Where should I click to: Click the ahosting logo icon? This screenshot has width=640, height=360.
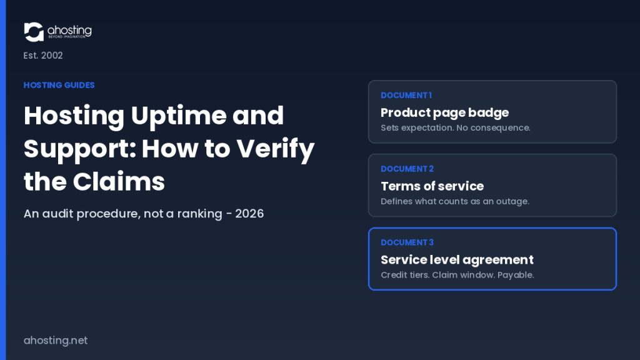click(x=34, y=32)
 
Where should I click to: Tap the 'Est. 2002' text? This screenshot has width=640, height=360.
click(x=43, y=56)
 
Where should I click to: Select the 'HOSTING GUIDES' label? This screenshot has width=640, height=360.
click(x=59, y=85)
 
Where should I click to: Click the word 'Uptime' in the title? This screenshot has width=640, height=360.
click(x=178, y=116)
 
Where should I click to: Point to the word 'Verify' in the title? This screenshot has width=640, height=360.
click(x=276, y=149)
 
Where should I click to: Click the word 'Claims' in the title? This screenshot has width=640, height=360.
click(x=119, y=182)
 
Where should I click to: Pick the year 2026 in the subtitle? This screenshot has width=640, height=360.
click(x=249, y=214)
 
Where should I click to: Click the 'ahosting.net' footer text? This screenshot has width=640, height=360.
click(x=56, y=341)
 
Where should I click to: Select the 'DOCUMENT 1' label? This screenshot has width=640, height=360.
click(x=406, y=96)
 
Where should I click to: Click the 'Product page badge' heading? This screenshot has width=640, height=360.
click(x=444, y=112)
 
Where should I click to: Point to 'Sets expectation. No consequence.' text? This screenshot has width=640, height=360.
click(x=456, y=127)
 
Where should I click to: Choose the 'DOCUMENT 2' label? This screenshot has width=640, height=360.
click(x=407, y=169)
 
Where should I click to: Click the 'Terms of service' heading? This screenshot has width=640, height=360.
click(x=432, y=186)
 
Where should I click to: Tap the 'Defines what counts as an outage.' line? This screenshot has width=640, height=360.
click(x=455, y=201)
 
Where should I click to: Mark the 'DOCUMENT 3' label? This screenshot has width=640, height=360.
click(x=407, y=242)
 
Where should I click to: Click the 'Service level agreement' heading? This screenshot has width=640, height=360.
click(x=457, y=260)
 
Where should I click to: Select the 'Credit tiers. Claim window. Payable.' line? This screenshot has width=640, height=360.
click(x=457, y=275)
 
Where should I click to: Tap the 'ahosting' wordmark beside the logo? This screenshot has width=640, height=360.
click(x=69, y=31)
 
